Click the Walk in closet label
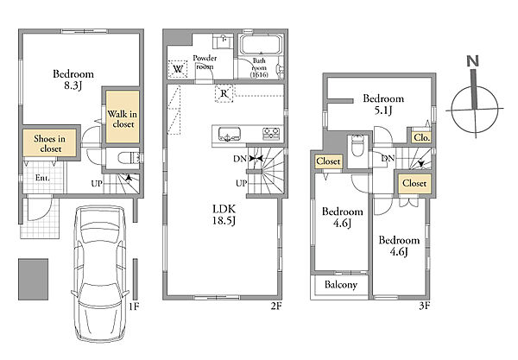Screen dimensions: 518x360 point(123,119)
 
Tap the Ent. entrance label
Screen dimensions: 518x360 point(42,178)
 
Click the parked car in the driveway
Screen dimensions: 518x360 point(100,274)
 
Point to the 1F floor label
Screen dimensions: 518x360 point(134,306)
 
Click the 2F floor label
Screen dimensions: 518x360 point(276,306)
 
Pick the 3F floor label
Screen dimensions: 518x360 point(424,306)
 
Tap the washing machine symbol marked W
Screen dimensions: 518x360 point(178,69)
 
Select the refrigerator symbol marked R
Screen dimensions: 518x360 point(224,93)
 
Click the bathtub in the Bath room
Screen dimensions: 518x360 point(261,44)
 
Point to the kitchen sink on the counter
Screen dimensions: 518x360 point(230,134)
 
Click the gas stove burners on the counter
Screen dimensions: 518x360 point(271,134)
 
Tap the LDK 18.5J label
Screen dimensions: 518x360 point(224,215)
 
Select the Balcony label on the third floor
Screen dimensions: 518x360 point(341,285)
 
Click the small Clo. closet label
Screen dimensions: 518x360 point(421,137)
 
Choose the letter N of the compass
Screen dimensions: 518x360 point(473,60)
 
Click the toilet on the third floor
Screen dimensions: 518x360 point(357,145)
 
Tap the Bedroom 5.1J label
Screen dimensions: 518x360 point(383,104)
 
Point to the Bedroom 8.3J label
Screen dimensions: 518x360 point(73,79)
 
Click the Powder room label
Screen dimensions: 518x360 point(205,62)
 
